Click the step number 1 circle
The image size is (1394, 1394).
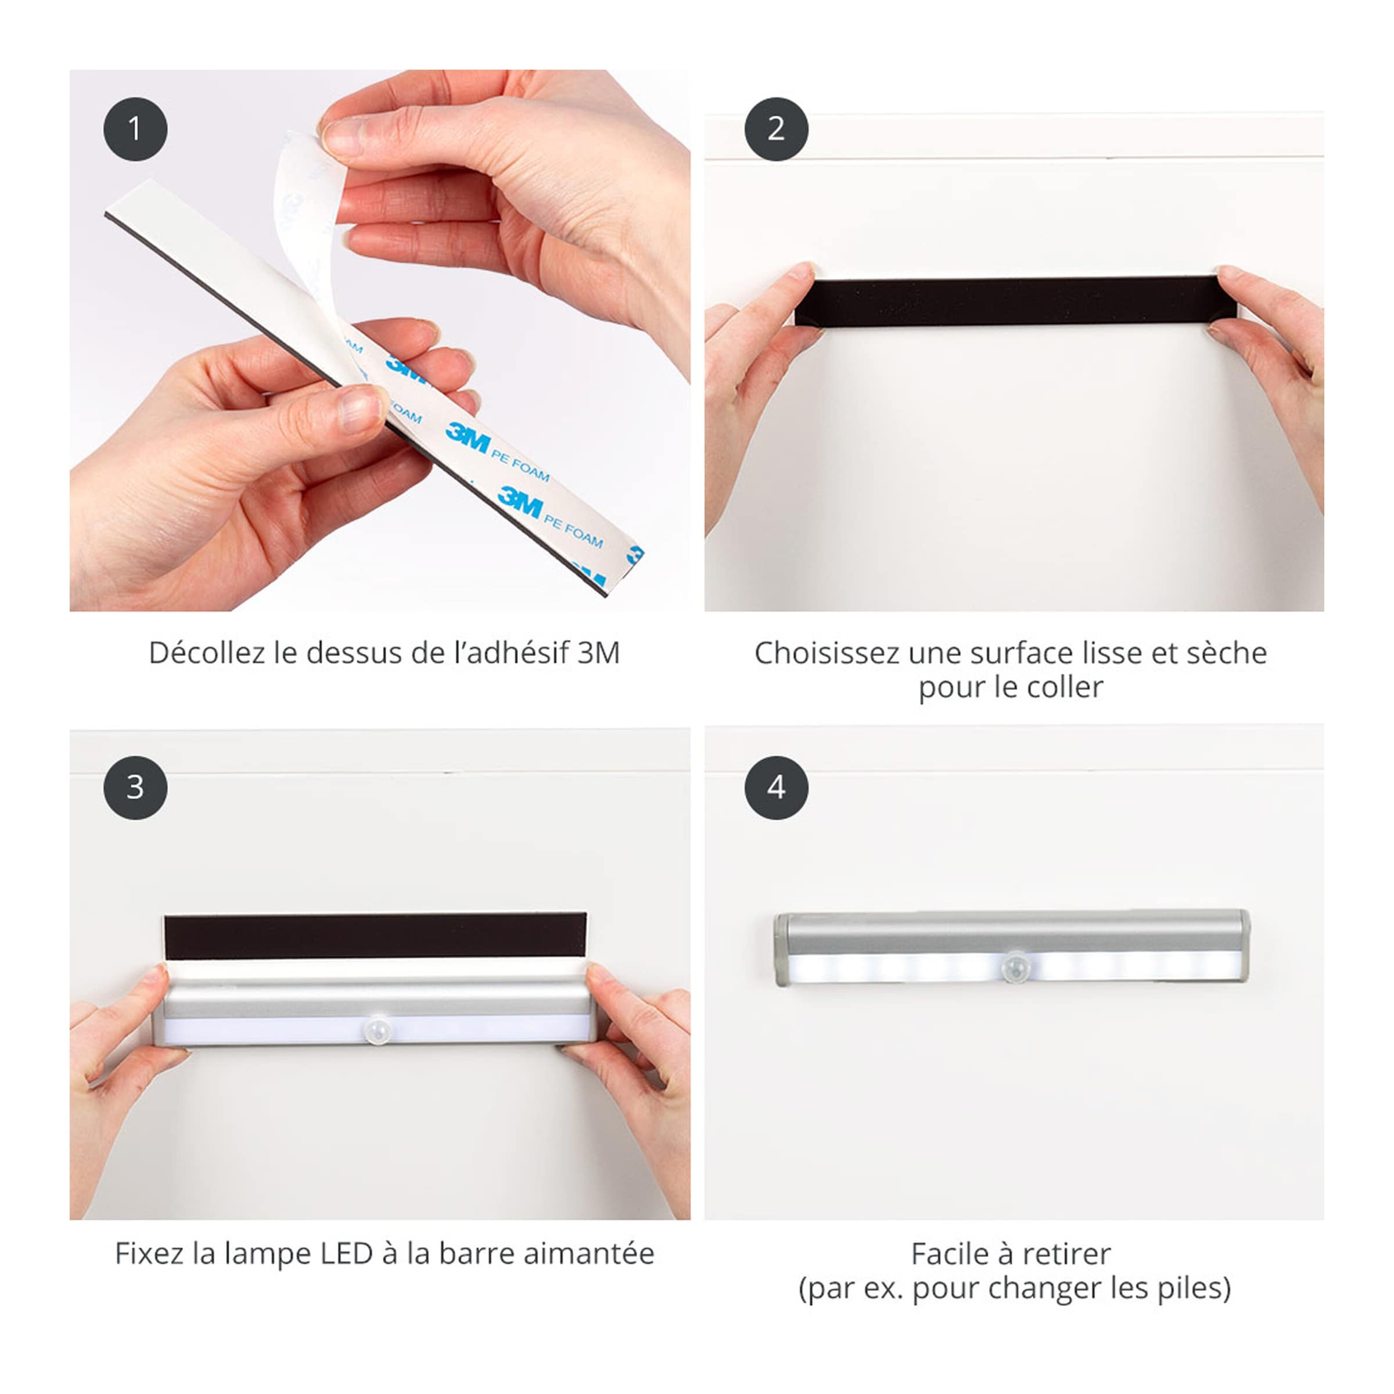(135, 129)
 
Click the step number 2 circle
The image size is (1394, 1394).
(775, 129)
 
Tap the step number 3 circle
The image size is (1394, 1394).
(135, 787)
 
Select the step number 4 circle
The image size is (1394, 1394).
(775, 787)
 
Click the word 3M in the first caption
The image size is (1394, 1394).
(598, 653)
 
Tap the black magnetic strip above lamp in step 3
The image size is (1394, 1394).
(375, 936)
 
